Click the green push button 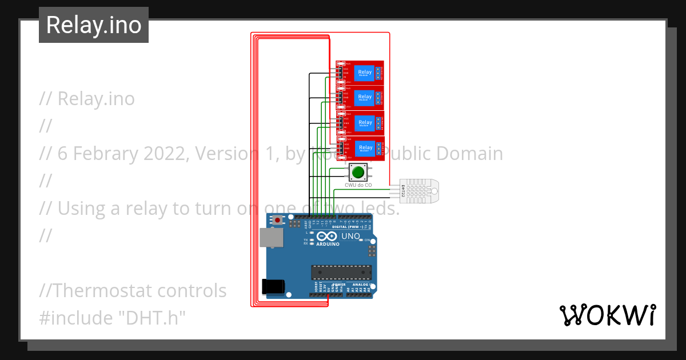pyautogui.click(x=358, y=172)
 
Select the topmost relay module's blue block pyautogui.click(x=364, y=73)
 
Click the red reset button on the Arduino pyautogui.click(x=278, y=220)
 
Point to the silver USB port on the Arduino pyautogui.click(x=270, y=238)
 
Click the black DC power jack pyautogui.click(x=272, y=287)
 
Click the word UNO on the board pyautogui.click(x=350, y=236)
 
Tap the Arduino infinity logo pyautogui.click(x=326, y=236)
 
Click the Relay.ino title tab pyautogui.click(x=94, y=25)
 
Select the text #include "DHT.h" pyautogui.click(x=113, y=318)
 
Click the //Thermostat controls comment pyautogui.click(x=133, y=291)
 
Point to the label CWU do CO pyautogui.click(x=358, y=185)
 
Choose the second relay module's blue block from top pyautogui.click(x=364, y=98)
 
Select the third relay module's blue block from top pyautogui.click(x=364, y=123)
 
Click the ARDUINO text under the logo pyautogui.click(x=326, y=244)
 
